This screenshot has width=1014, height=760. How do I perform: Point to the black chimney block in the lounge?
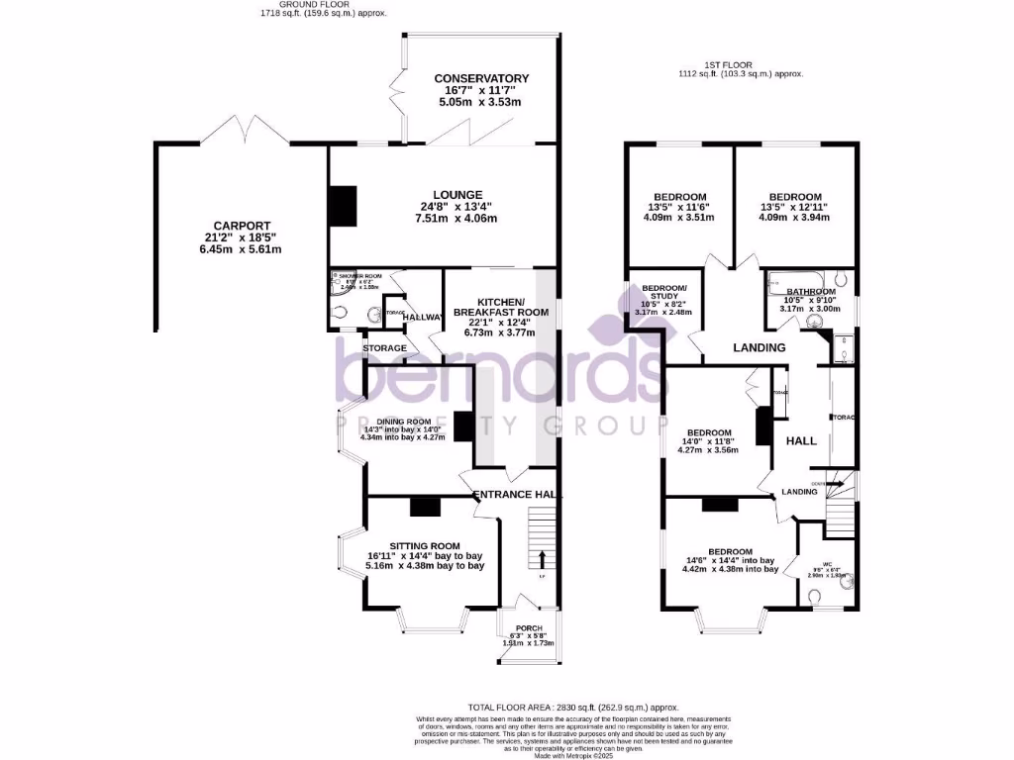pyautogui.click(x=342, y=205)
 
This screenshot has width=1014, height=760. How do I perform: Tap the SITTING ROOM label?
pyautogui.click(x=425, y=545)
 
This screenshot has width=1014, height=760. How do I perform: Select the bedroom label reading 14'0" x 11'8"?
pyautogui.click(x=710, y=433)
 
